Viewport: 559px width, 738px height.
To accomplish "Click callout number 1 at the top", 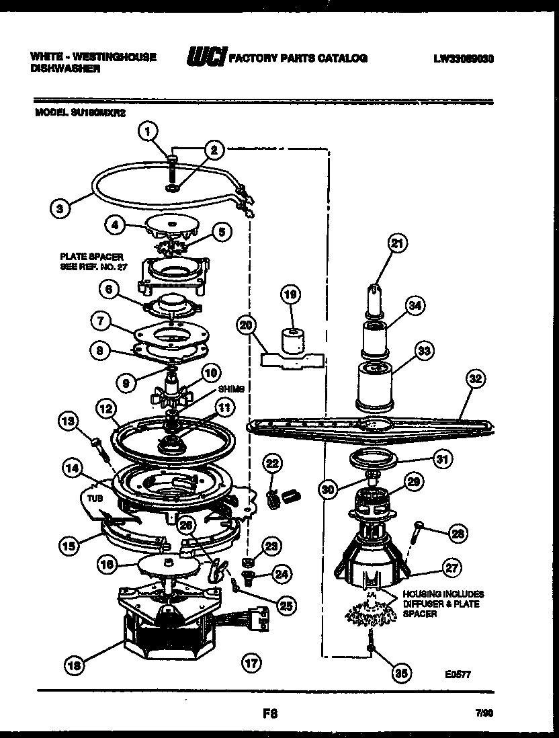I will [x=148, y=131].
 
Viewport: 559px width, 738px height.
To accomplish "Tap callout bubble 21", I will [x=397, y=245].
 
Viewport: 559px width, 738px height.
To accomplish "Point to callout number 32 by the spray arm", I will [x=475, y=380].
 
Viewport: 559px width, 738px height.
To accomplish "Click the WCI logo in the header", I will [x=208, y=59].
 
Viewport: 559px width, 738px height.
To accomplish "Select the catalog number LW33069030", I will [x=464, y=59].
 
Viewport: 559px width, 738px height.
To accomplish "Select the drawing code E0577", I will [x=456, y=671].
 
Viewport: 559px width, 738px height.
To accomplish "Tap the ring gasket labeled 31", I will [x=375, y=461].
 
